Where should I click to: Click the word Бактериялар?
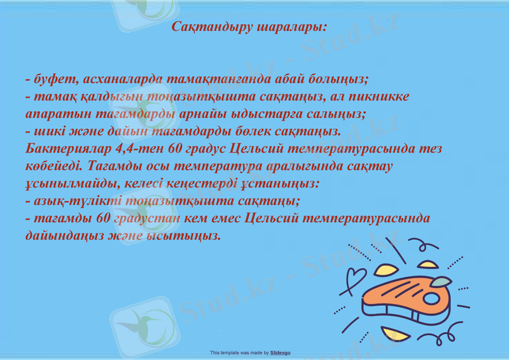click(70, 149)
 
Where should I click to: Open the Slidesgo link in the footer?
click(281, 352)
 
